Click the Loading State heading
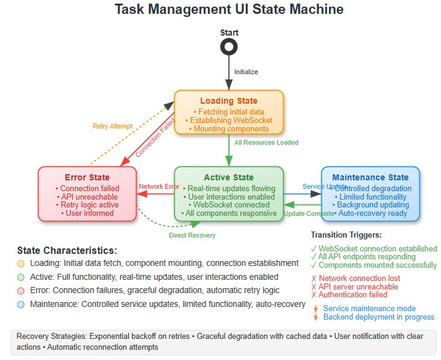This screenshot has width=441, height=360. (x=228, y=101)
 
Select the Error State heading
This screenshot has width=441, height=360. (x=87, y=177)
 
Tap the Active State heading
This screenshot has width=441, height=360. (x=228, y=177)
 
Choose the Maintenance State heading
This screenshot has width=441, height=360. (x=370, y=177)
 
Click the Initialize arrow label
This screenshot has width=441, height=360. (x=246, y=72)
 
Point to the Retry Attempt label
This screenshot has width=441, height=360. (x=113, y=126)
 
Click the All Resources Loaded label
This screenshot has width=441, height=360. (x=266, y=142)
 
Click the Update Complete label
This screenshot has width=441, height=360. (x=309, y=213)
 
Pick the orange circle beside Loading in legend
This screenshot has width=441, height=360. (x=22, y=264)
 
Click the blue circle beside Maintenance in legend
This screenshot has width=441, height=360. (x=22, y=304)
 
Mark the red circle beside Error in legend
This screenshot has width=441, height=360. (x=22, y=291)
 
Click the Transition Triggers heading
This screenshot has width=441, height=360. (x=346, y=235)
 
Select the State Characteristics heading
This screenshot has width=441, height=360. (x=67, y=250)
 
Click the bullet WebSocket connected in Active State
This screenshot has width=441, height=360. (x=228, y=204)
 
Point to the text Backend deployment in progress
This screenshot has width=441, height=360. (x=378, y=317)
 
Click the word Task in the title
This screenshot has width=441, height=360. (x=129, y=10)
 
